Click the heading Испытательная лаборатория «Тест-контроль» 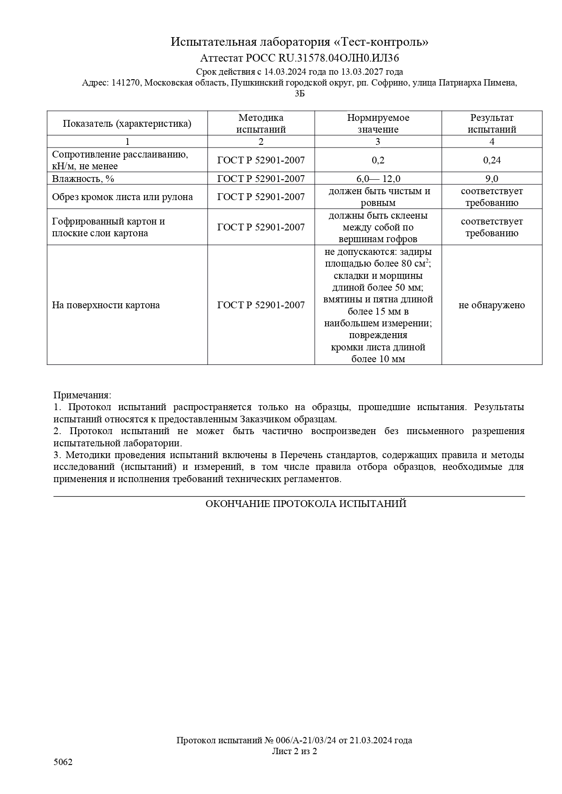click(299, 42)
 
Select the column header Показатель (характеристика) click(127, 124)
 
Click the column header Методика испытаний click(261, 124)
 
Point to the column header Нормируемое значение click(378, 124)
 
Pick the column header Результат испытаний click(492, 124)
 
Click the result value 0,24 click(492, 160)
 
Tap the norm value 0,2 click(378, 160)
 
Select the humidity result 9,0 click(492, 179)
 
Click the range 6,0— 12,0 click(378, 179)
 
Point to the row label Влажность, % click(83, 179)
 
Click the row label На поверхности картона click(106, 305)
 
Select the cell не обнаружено click(492, 305)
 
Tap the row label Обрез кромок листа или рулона click(122, 197)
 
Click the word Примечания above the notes click(82, 395)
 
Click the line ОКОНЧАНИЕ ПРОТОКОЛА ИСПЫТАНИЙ click(306, 504)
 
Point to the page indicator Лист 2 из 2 click(294, 751)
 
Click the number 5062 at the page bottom click(63, 762)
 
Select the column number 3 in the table click(378, 142)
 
